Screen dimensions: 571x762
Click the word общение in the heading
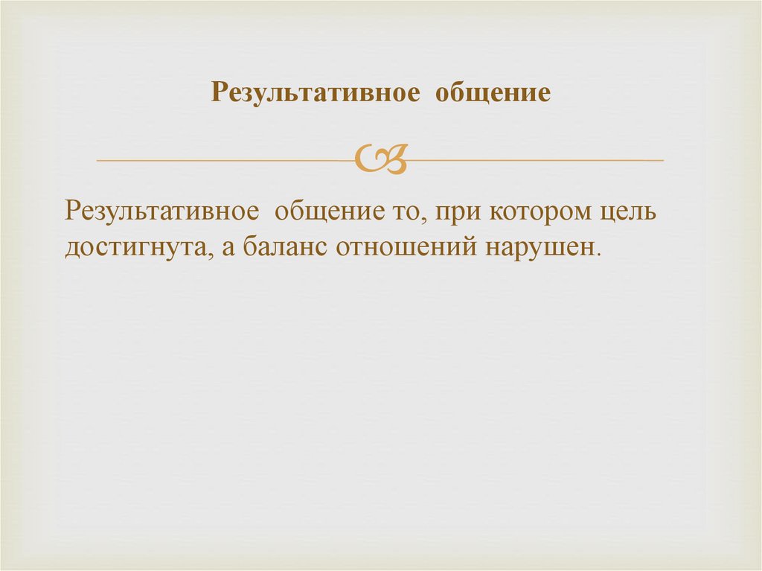coord(493,93)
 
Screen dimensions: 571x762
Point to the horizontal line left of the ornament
coord(223,160)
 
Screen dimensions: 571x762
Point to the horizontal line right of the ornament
coord(536,160)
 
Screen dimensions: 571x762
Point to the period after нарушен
coord(598,254)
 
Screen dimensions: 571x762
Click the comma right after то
coord(411,220)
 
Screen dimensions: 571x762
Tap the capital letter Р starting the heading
coord(217,93)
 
